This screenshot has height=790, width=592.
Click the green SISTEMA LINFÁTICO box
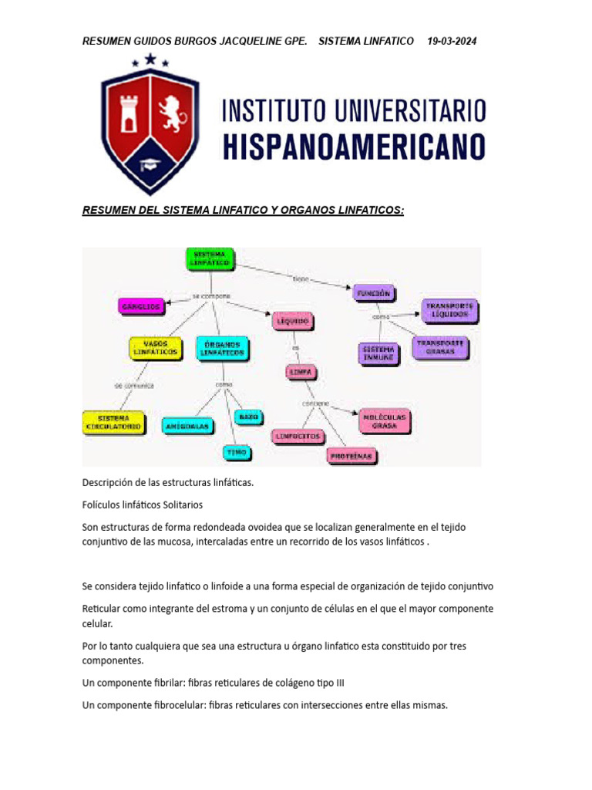coord(210,259)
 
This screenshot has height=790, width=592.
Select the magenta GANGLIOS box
coord(141,306)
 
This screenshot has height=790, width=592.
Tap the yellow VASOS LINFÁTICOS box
coord(156,348)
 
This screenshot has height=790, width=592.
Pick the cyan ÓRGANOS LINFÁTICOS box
coord(223,348)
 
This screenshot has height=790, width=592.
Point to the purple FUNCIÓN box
coord(375,292)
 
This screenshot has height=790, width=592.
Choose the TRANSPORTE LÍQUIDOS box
coord(450,311)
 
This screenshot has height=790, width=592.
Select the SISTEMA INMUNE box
coord(378,353)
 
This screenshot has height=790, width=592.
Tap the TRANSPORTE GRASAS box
coord(439,347)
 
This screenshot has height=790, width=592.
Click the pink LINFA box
coord(300,372)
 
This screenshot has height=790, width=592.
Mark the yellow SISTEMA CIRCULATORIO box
coord(113,421)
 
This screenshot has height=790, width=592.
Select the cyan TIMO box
coord(237,452)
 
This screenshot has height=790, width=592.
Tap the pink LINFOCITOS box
coord(298,436)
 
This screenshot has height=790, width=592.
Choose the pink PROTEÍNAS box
coord(351,456)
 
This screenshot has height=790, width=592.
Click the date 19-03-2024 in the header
coord(452,41)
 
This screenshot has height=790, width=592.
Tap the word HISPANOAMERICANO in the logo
coord(355,146)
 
